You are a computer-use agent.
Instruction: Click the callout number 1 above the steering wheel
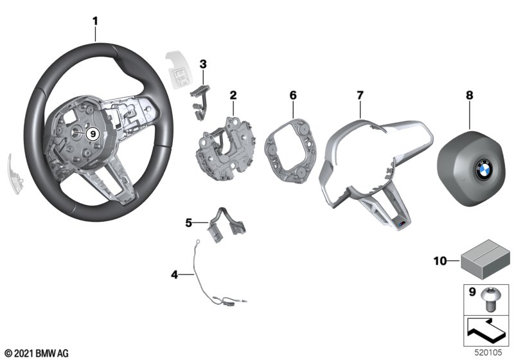point(95,21)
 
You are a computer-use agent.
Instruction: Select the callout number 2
point(233,95)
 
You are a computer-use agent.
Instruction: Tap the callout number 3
point(202,64)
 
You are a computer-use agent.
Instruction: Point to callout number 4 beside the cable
point(173,274)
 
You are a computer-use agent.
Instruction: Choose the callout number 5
point(189,223)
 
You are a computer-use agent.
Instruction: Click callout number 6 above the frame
point(293,95)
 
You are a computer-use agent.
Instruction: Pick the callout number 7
point(360,95)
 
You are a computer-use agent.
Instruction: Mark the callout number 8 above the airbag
point(469,95)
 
